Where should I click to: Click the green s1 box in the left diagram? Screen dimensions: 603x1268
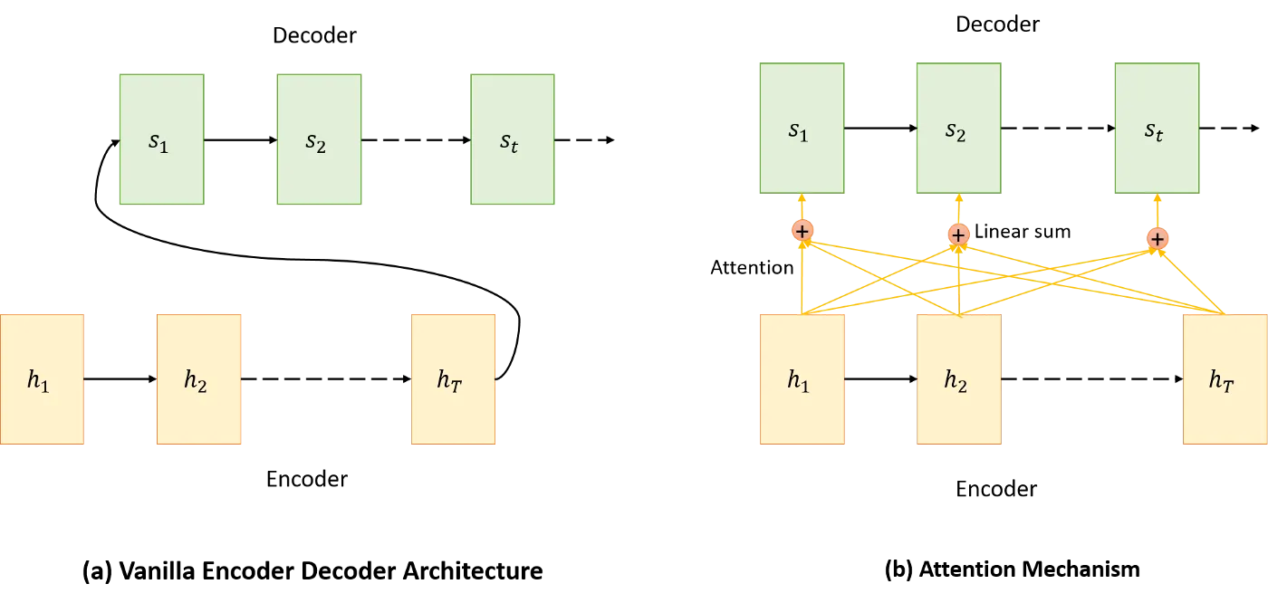click(x=161, y=139)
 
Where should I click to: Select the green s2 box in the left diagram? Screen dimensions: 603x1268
click(x=319, y=139)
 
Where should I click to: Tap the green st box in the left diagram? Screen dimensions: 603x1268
click(x=512, y=139)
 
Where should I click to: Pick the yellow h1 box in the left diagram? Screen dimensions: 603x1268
click(x=42, y=379)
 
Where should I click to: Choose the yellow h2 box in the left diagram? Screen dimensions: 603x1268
click(x=198, y=379)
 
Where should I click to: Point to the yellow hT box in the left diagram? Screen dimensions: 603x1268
click(x=453, y=379)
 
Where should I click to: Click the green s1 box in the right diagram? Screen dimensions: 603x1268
click(x=802, y=129)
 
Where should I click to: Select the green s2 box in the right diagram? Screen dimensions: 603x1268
click(x=958, y=129)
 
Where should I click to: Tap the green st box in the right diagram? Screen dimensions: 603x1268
click(x=1157, y=129)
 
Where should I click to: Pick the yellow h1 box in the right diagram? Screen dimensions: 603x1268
click(x=802, y=379)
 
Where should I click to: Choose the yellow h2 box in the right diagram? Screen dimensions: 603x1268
click(x=958, y=379)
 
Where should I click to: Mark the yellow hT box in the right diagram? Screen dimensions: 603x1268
click(x=1225, y=379)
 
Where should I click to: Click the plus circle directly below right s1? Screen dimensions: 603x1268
click(x=802, y=231)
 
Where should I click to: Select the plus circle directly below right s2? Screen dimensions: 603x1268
click(x=958, y=235)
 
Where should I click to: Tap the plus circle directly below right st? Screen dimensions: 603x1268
click(x=1158, y=239)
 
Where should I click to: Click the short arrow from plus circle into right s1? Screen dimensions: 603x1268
click(x=802, y=206)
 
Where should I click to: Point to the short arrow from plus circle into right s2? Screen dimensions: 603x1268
click(x=958, y=208)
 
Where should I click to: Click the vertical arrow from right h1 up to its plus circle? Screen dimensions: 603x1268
click(x=802, y=281)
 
